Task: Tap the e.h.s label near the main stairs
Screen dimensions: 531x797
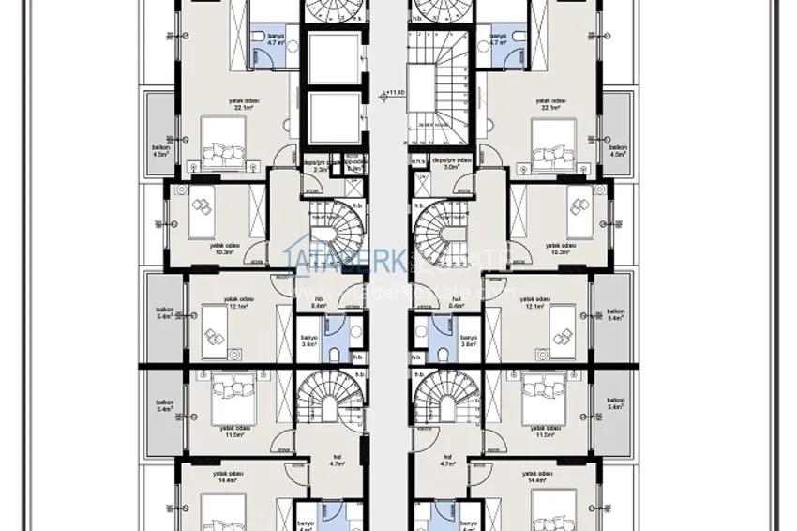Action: (x=417, y=160)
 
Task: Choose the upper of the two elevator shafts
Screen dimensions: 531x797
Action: (x=334, y=61)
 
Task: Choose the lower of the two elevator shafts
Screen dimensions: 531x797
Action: (x=334, y=118)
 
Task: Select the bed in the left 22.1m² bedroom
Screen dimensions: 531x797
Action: (x=221, y=154)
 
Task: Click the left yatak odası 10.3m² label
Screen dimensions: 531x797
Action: (x=226, y=248)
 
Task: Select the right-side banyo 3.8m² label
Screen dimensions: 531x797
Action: (x=468, y=341)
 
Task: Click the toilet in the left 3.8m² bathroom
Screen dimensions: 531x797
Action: (x=335, y=355)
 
